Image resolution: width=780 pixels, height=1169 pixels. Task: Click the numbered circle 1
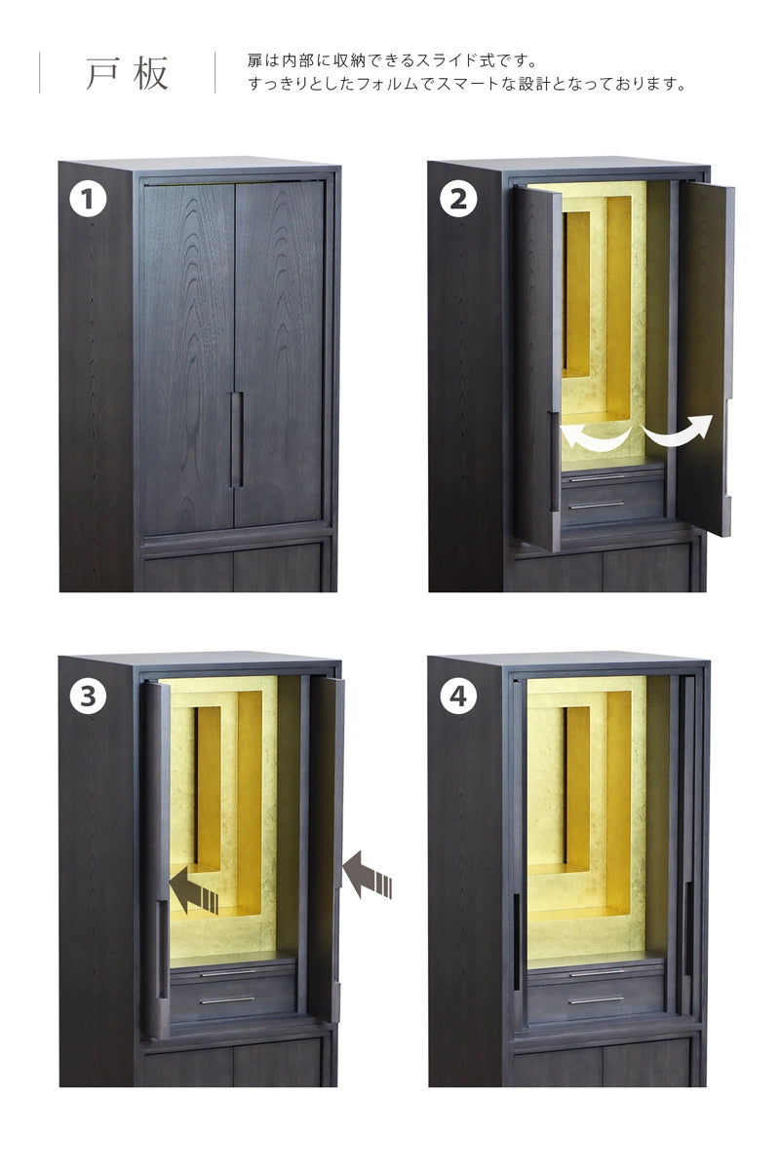pyautogui.click(x=88, y=200)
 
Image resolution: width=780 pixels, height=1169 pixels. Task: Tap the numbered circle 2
pyautogui.click(x=457, y=200)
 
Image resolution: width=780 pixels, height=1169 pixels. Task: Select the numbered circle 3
pyautogui.click(x=88, y=697)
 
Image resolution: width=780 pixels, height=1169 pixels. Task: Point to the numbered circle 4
pyautogui.click(x=457, y=697)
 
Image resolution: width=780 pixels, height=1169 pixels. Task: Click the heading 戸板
pyautogui.click(x=127, y=73)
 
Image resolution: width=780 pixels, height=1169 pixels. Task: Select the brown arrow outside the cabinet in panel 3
pyautogui.click(x=367, y=875)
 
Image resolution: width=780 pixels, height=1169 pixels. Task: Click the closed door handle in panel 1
pyautogui.click(x=236, y=439)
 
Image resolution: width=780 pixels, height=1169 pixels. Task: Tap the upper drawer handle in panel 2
pyautogui.click(x=596, y=477)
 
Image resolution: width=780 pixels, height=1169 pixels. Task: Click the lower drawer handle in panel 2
pyautogui.click(x=596, y=506)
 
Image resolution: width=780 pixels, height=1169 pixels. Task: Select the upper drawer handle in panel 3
pyautogui.click(x=228, y=973)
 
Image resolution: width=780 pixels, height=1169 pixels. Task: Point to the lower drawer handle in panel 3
pyautogui.click(x=227, y=1000)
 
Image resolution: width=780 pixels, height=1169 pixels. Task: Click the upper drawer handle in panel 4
pyautogui.click(x=597, y=973)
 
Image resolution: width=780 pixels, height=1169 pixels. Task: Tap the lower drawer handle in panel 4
pyautogui.click(x=596, y=1000)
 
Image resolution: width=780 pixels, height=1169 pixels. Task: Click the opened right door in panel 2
pyautogui.click(x=705, y=358)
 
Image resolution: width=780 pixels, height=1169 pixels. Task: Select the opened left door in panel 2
pyautogui.click(x=537, y=368)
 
